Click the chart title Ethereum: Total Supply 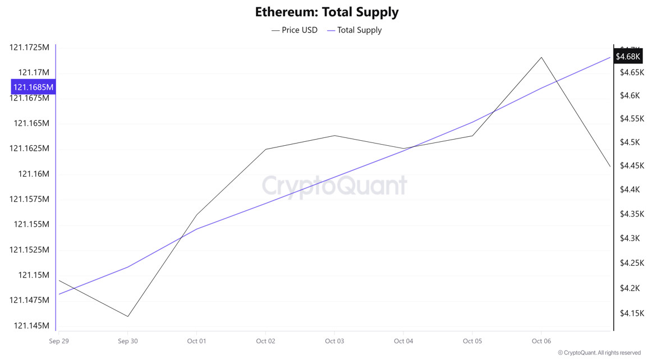tap(327, 12)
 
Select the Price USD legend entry tap(295, 30)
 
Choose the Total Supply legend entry tap(355, 30)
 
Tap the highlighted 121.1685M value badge tap(34, 87)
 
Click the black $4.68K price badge tap(627, 57)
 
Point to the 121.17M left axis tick tap(34, 72)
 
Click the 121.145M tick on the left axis tap(31, 326)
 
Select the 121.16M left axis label tap(34, 174)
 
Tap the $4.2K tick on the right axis tap(630, 288)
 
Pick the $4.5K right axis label tap(630, 142)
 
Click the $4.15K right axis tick tap(632, 313)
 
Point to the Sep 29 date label tap(59, 341)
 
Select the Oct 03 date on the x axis tap(334, 341)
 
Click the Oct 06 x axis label tap(541, 341)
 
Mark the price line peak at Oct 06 tap(541, 57)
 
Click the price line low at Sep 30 tap(128, 316)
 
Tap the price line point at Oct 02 tap(265, 149)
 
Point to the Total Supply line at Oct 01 tap(197, 229)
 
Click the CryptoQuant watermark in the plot tap(334, 186)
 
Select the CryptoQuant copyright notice tap(599, 353)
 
